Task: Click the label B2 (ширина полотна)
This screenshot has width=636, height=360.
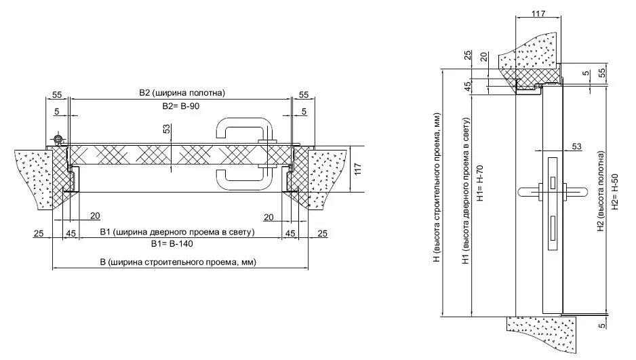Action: point(181,93)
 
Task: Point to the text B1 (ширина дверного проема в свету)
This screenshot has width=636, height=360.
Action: point(177,233)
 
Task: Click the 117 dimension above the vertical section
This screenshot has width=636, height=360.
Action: point(538,13)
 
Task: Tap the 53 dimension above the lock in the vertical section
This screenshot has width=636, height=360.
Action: point(577,146)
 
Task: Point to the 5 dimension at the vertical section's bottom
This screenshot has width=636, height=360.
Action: point(601,326)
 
